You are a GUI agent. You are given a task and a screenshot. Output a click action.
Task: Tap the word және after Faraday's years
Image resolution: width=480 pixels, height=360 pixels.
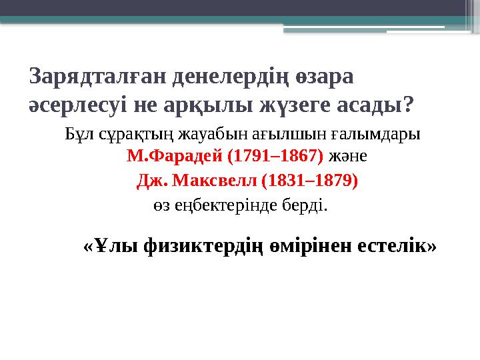coord(348,157)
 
